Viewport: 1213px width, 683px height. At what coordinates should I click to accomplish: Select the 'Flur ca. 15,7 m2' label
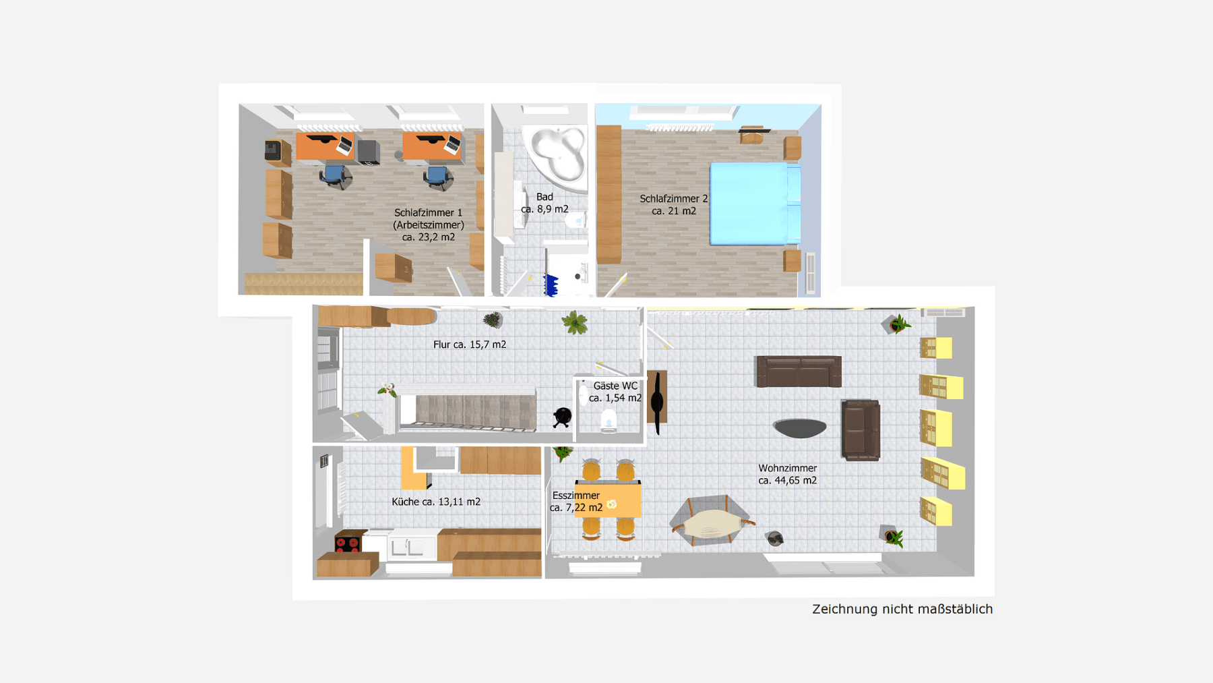pyautogui.click(x=470, y=345)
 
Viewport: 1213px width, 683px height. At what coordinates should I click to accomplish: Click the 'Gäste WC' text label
pyautogui.click(x=615, y=386)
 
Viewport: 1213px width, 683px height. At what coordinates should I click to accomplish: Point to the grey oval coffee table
pyautogui.click(x=800, y=427)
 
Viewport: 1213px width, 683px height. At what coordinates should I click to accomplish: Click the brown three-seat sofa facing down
pyautogui.click(x=799, y=372)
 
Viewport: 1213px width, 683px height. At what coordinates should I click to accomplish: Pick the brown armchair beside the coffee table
pyautogui.click(x=861, y=430)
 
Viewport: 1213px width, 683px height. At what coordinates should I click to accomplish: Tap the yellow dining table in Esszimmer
pyautogui.click(x=608, y=500)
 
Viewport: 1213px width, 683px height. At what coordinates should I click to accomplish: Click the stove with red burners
pyautogui.click(x=348, y=542)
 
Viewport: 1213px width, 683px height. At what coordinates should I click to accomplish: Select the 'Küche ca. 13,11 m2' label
pyautogui.click(x=436, y=502)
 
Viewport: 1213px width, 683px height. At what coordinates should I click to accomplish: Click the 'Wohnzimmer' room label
pyautogui.click(x=787, y=468)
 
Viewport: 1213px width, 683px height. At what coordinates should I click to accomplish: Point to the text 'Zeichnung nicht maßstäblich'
pyautogui.click(x=902, y=609)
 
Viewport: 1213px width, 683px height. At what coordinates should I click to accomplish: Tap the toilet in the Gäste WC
pyautogui.click(x=609, y=421)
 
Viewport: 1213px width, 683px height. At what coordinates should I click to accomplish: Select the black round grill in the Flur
pyautogui.click(x=562, y=417)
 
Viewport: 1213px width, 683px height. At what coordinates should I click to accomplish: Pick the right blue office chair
pyautogui.click(x=437, y=177)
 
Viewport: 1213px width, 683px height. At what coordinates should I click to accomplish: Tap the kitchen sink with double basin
pyautogui.click(x=406, y=547)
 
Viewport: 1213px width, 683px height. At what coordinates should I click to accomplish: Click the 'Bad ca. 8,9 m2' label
pyautogui.click(x=545, y=203)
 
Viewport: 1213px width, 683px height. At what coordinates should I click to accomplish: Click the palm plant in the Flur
pyautogui.click(x=575, y=323)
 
